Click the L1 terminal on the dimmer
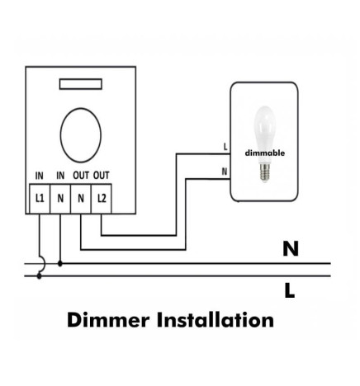click(x=40, y=199)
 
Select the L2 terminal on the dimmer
click(x=102, y=199)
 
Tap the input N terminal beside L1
click(x=60, y=199)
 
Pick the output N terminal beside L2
click(x=81, y=199)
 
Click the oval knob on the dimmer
click(x=81, y=135)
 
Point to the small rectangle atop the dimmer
click(x=81, y=84)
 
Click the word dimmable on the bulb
click(x=265, y=153)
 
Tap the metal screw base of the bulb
click(x=265, y=172)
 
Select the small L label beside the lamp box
click(x=225, y=147)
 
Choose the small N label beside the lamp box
click(x=225, y=172)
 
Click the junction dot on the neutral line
click(x=60, y=264)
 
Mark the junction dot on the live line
click(x=39, y=276)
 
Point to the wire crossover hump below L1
click(x=43, y=263)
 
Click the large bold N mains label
click(x=291, y=249)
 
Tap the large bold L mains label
click(x=289, y=291)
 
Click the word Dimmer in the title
click(x=108, y=320)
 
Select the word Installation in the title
click(x=216, y=320)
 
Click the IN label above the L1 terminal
click(x=40, y=176)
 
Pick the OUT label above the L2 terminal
click(x=102, y=176)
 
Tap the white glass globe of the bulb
click(x=264, y=129)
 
